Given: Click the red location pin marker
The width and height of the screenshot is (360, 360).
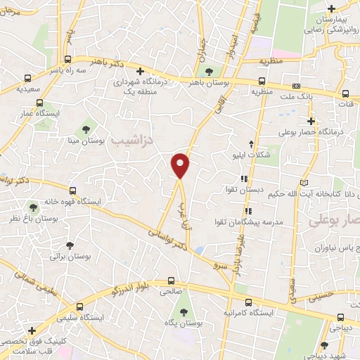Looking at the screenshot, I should (x=181, y=165).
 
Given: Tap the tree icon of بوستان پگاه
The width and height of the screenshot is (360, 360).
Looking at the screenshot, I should (x=185, y=311).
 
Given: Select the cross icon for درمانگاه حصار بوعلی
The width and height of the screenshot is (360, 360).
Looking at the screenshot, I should (x=310, y=121).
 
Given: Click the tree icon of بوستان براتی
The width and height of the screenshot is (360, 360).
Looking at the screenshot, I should (x=70, y=245).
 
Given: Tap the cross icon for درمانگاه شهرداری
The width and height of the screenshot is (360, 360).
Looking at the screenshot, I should (x=141, y=71).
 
